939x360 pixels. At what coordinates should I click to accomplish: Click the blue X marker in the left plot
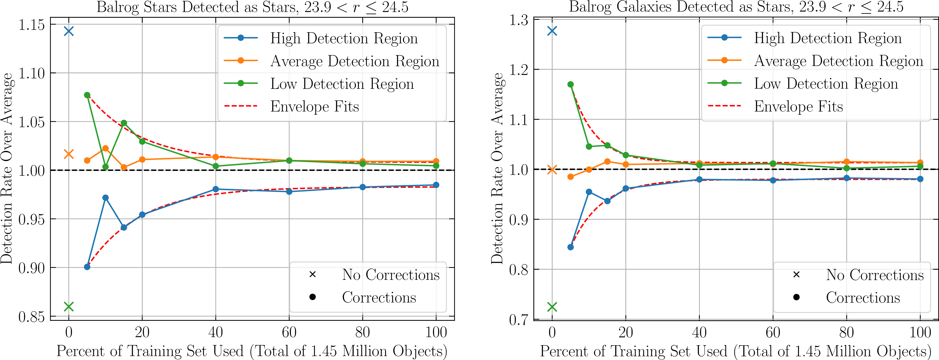pyautogui.click(x=69, y=31)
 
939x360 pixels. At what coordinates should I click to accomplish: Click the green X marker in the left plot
pyautogui.click(x=69, y=307)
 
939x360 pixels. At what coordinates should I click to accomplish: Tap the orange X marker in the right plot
pyautogui.click(x=552, y=169)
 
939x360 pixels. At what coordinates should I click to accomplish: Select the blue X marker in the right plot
pyautogui.click(x=552, y=31)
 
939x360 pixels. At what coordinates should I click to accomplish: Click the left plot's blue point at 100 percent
pyautogui.click(x=436, y=185)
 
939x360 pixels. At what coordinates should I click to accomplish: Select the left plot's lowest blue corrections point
pyautogui.click(x=87, y=267)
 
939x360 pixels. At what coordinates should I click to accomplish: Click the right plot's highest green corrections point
pyautogui.click(x=570, y=85)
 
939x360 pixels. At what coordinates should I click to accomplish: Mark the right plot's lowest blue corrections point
pyautogui.click(x=570, y=247)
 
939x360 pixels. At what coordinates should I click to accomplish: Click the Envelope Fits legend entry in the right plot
pyautogui.click(x=798, y=106)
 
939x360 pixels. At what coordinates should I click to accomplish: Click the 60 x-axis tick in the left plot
pyautogui.click(x=289, y=332)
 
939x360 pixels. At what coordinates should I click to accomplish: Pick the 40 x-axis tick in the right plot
pyautogui.click(x=699, y=332)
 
